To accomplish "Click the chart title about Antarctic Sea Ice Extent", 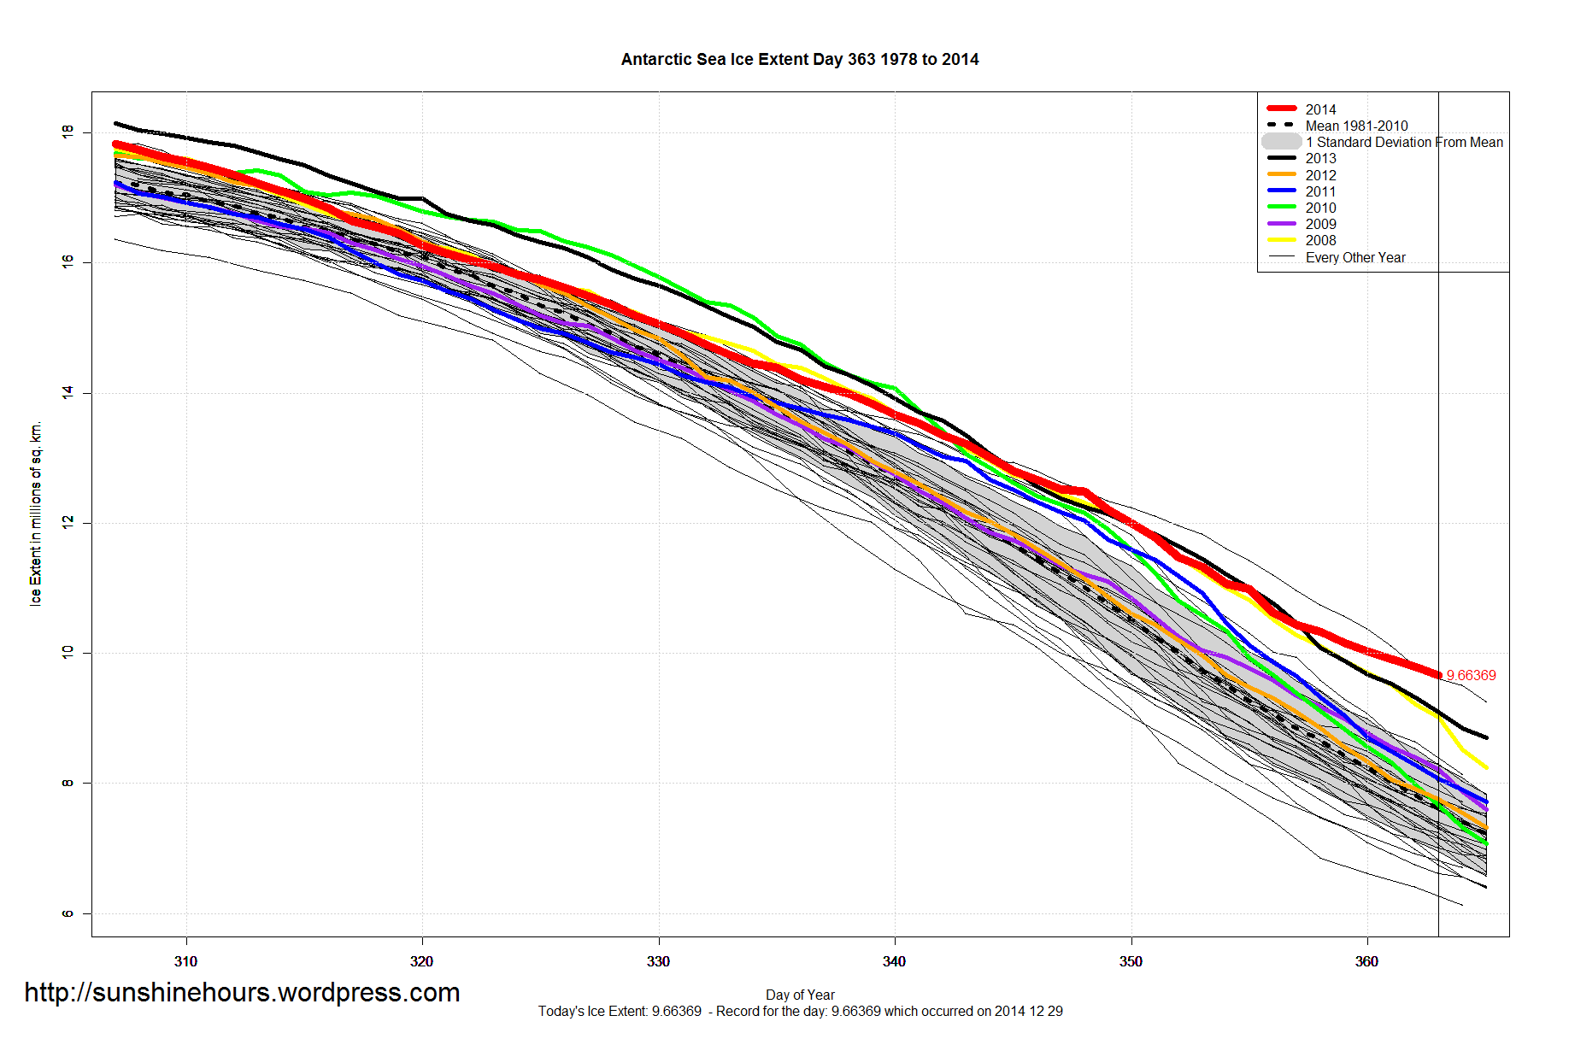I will pos(799,59).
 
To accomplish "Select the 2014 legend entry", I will pos(1320,109).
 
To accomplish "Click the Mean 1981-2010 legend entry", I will pos(1356,126).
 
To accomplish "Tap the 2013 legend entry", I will pos(1320,158).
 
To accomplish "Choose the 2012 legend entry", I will pos(1320,175).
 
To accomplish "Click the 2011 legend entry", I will pos(1320,191).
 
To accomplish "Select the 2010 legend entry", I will pos(1320,208).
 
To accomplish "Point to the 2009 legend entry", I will pos(1320,224).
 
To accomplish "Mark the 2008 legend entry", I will pos(1320,240).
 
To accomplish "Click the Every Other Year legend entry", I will pos(1355,257).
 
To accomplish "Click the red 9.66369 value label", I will pos(1471,675).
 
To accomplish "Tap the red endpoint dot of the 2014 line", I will pos(1438,675).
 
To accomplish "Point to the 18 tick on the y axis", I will pos(68,132).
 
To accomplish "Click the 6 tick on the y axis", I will pos(68,913).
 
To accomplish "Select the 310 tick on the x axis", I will pos(185,961).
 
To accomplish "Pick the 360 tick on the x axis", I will pos(1366,961).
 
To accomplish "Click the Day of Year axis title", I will pos(800,995).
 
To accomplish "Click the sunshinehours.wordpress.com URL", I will pos(242,992).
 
